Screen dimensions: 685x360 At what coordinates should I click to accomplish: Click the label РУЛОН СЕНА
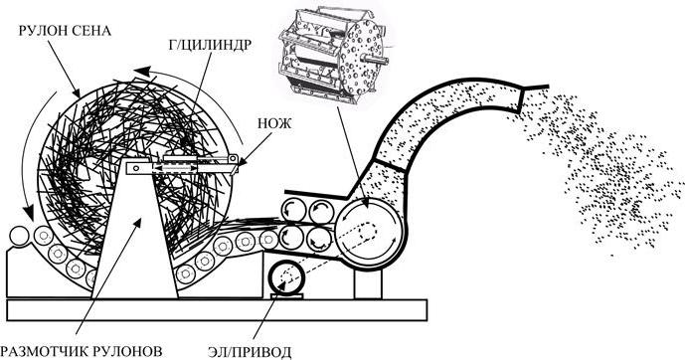65,31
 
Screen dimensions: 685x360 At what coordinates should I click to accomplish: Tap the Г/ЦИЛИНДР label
209,45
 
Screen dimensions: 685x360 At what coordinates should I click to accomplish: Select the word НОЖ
274,123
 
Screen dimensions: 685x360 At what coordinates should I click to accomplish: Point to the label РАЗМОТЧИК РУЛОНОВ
81,351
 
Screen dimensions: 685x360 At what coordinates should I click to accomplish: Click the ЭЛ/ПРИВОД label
249,352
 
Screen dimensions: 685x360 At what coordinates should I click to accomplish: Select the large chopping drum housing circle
370,232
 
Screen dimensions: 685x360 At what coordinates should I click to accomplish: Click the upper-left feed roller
292,211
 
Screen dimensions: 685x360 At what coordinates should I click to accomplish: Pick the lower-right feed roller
320,240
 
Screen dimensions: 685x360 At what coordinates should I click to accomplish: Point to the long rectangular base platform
217,310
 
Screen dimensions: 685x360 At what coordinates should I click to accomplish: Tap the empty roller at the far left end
19,237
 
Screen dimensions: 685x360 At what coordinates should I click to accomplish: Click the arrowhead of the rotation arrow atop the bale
142,71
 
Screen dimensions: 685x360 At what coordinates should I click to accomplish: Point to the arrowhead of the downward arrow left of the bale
29,213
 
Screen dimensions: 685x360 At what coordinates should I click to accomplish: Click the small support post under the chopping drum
368,284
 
